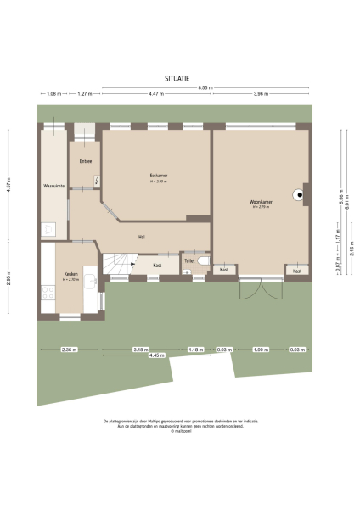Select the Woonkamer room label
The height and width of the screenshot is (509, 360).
tap(261, 202)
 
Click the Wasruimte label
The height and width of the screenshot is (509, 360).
tap(53, 186)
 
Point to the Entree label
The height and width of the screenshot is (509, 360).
tap(86, 160)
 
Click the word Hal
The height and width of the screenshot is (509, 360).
tap(142, 237)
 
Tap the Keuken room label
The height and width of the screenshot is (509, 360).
tap(70, 275)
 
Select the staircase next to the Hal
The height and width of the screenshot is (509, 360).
tap(120, 264)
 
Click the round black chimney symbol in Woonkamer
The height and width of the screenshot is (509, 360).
tap(299, 195)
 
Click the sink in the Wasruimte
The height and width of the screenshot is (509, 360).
tap(49, 227)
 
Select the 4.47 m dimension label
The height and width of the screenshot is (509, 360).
tap(156, 93)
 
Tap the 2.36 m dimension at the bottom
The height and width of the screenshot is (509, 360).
tap(69, 350)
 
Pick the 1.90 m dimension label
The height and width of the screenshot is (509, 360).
tap(261, 350)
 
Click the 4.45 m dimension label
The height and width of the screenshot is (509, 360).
tap(157, 355)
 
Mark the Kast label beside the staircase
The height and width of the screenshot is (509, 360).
tap(157, 266)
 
